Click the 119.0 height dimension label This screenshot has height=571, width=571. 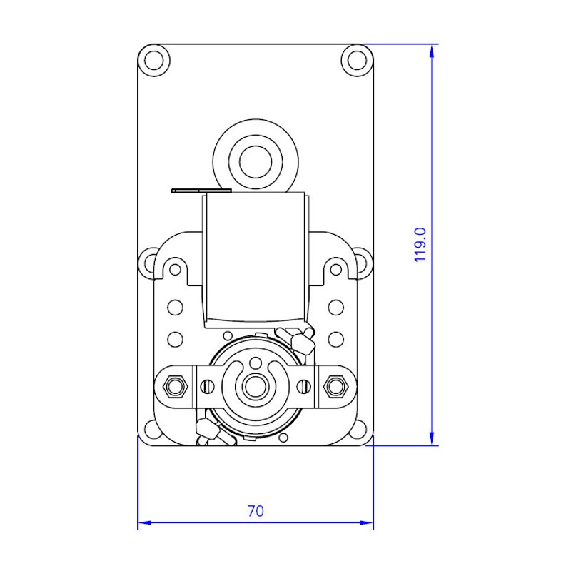420,244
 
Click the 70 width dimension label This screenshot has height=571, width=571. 256,511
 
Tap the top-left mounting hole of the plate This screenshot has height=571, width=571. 154,60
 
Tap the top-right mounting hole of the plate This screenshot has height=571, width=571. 358,60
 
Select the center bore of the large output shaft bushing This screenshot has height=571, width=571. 256,162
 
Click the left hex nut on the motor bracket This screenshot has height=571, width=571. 176,385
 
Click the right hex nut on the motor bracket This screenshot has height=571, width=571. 335,385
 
